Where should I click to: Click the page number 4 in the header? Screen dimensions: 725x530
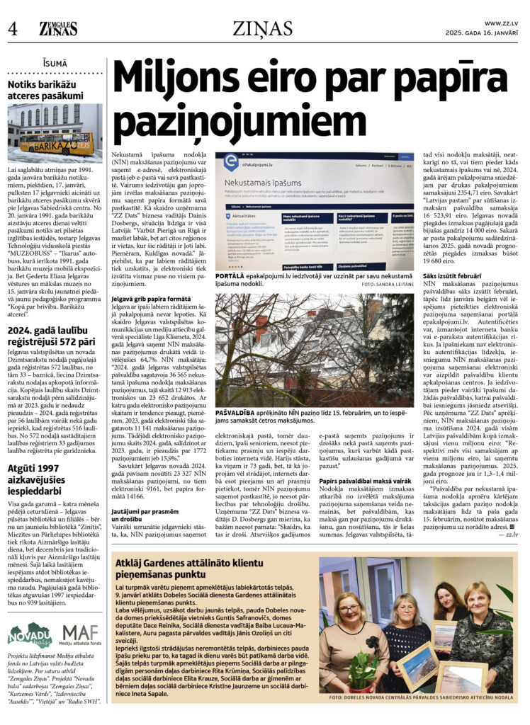(13, 29)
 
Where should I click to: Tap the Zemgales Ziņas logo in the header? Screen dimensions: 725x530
(59, 28)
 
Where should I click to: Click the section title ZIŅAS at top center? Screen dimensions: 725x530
(262, 28)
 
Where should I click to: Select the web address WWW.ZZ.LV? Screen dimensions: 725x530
(501, 23)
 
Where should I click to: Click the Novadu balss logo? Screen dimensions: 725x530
(30, 635)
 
